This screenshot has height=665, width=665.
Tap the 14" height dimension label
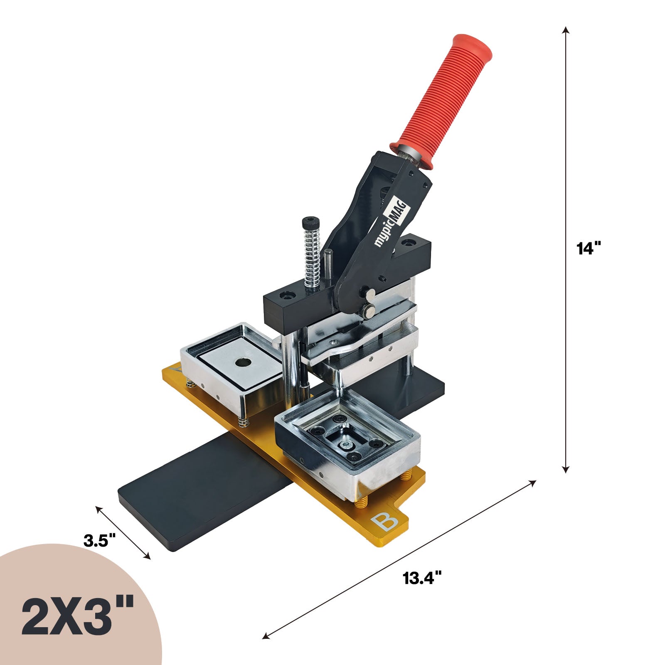click(589, 249)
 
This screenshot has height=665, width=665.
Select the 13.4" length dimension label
click(422, 578)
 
